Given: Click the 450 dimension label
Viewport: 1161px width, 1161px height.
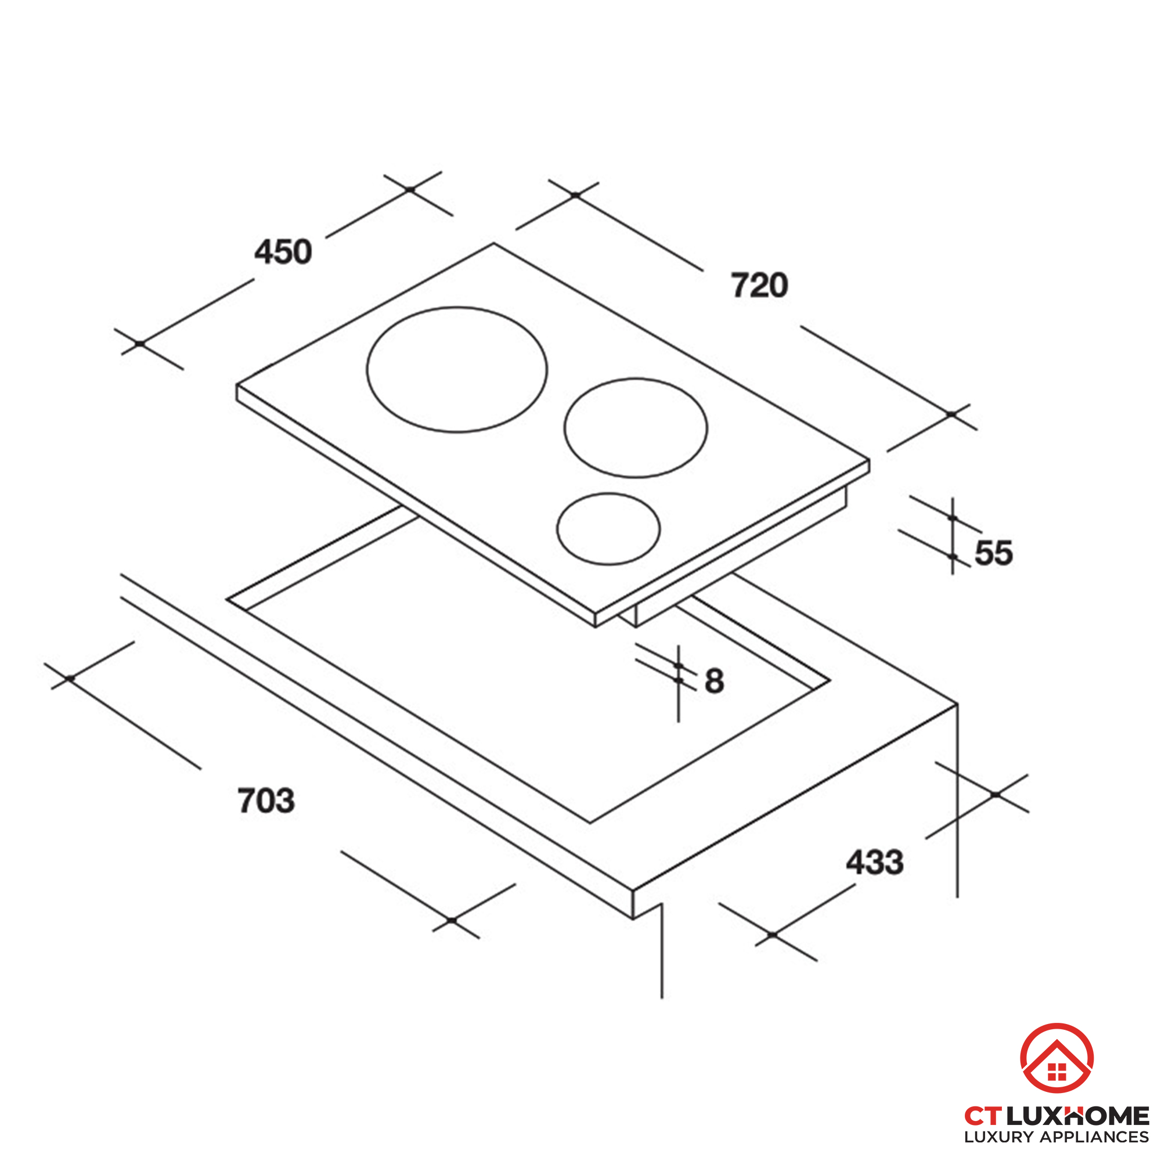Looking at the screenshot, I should (283, 252).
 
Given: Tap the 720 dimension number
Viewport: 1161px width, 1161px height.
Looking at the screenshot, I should (759, 286).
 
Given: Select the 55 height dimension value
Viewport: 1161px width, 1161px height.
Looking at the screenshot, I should (993, 553).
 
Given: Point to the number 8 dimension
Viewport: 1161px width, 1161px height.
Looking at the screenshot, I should (714, 682).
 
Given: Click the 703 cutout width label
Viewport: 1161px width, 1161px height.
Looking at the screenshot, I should (266, 801).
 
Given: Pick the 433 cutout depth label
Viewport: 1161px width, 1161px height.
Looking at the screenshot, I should (874, 863).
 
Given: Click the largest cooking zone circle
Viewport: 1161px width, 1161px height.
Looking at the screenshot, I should (457, 370).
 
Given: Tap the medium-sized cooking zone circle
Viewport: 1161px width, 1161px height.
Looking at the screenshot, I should (635, 428).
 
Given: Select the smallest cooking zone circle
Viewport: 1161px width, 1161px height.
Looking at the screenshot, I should (608, 529).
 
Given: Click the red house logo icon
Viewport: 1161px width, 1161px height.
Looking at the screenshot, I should (1057, 1058).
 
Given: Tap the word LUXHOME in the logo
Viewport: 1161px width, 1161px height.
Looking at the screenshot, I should (1077, 1116).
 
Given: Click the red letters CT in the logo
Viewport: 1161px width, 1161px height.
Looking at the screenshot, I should (983, 1116).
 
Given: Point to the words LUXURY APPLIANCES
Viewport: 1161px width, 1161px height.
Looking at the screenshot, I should (1057, 1137).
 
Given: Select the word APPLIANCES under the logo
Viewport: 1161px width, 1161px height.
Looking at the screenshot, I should (1094, 1137).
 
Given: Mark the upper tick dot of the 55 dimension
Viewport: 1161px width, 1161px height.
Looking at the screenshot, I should (953, 517).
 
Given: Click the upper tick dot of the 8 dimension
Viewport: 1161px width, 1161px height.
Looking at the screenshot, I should (679, 666).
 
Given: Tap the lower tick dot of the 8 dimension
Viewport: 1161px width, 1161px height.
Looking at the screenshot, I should (679, 680).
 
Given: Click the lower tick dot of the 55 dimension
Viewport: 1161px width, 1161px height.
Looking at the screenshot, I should (953, 557).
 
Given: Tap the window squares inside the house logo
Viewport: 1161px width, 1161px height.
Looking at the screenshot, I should (1057, 1072).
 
